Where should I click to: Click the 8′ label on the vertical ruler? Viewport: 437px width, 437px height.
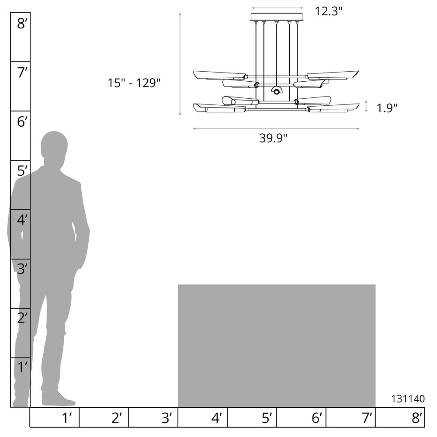(23, 24)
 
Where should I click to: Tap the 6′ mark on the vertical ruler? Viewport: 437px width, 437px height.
(23, 122)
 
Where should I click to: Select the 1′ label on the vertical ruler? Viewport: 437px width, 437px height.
(23, 368)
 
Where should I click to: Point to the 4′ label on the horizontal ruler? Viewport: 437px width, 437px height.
(217, 418)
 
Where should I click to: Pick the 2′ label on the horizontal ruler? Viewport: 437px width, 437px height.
(117, 418)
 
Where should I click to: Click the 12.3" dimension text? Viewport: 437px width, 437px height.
(329, 11)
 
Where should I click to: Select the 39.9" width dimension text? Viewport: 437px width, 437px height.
(273, 138)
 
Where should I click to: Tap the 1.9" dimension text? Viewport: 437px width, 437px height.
(387, 108)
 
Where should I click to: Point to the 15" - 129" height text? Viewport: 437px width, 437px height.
(134, 83)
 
